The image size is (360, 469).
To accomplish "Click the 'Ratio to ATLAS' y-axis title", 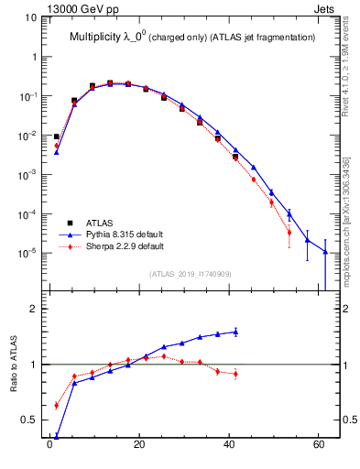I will click(x=14, y=365).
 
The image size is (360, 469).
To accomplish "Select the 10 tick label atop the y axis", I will click(x=29, y=17).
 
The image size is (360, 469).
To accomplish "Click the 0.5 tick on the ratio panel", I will click(x=29, y=420).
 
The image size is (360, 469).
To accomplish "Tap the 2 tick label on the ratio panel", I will click(x=34, y=309).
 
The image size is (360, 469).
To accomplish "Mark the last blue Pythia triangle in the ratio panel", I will click(x=235, y=332).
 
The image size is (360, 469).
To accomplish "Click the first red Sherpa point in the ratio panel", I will click(x=56, y=405).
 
